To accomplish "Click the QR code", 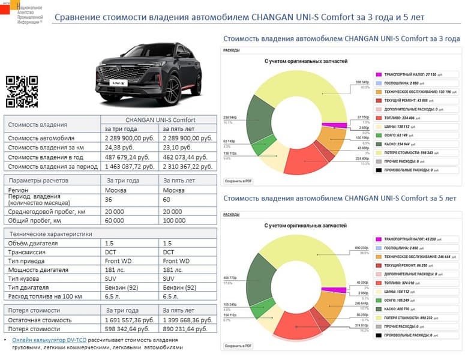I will pyautogui.click(x=22, y=92).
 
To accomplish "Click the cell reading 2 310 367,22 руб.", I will pyautogui.click(x=188, y=166).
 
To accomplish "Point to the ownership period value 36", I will pyautogui.click(x=109, y=200).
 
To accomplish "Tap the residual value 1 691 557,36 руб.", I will pyautogui.click(x=130, y=320).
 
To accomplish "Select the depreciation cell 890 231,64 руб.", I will pyautogui.click(x=188, y=330).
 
